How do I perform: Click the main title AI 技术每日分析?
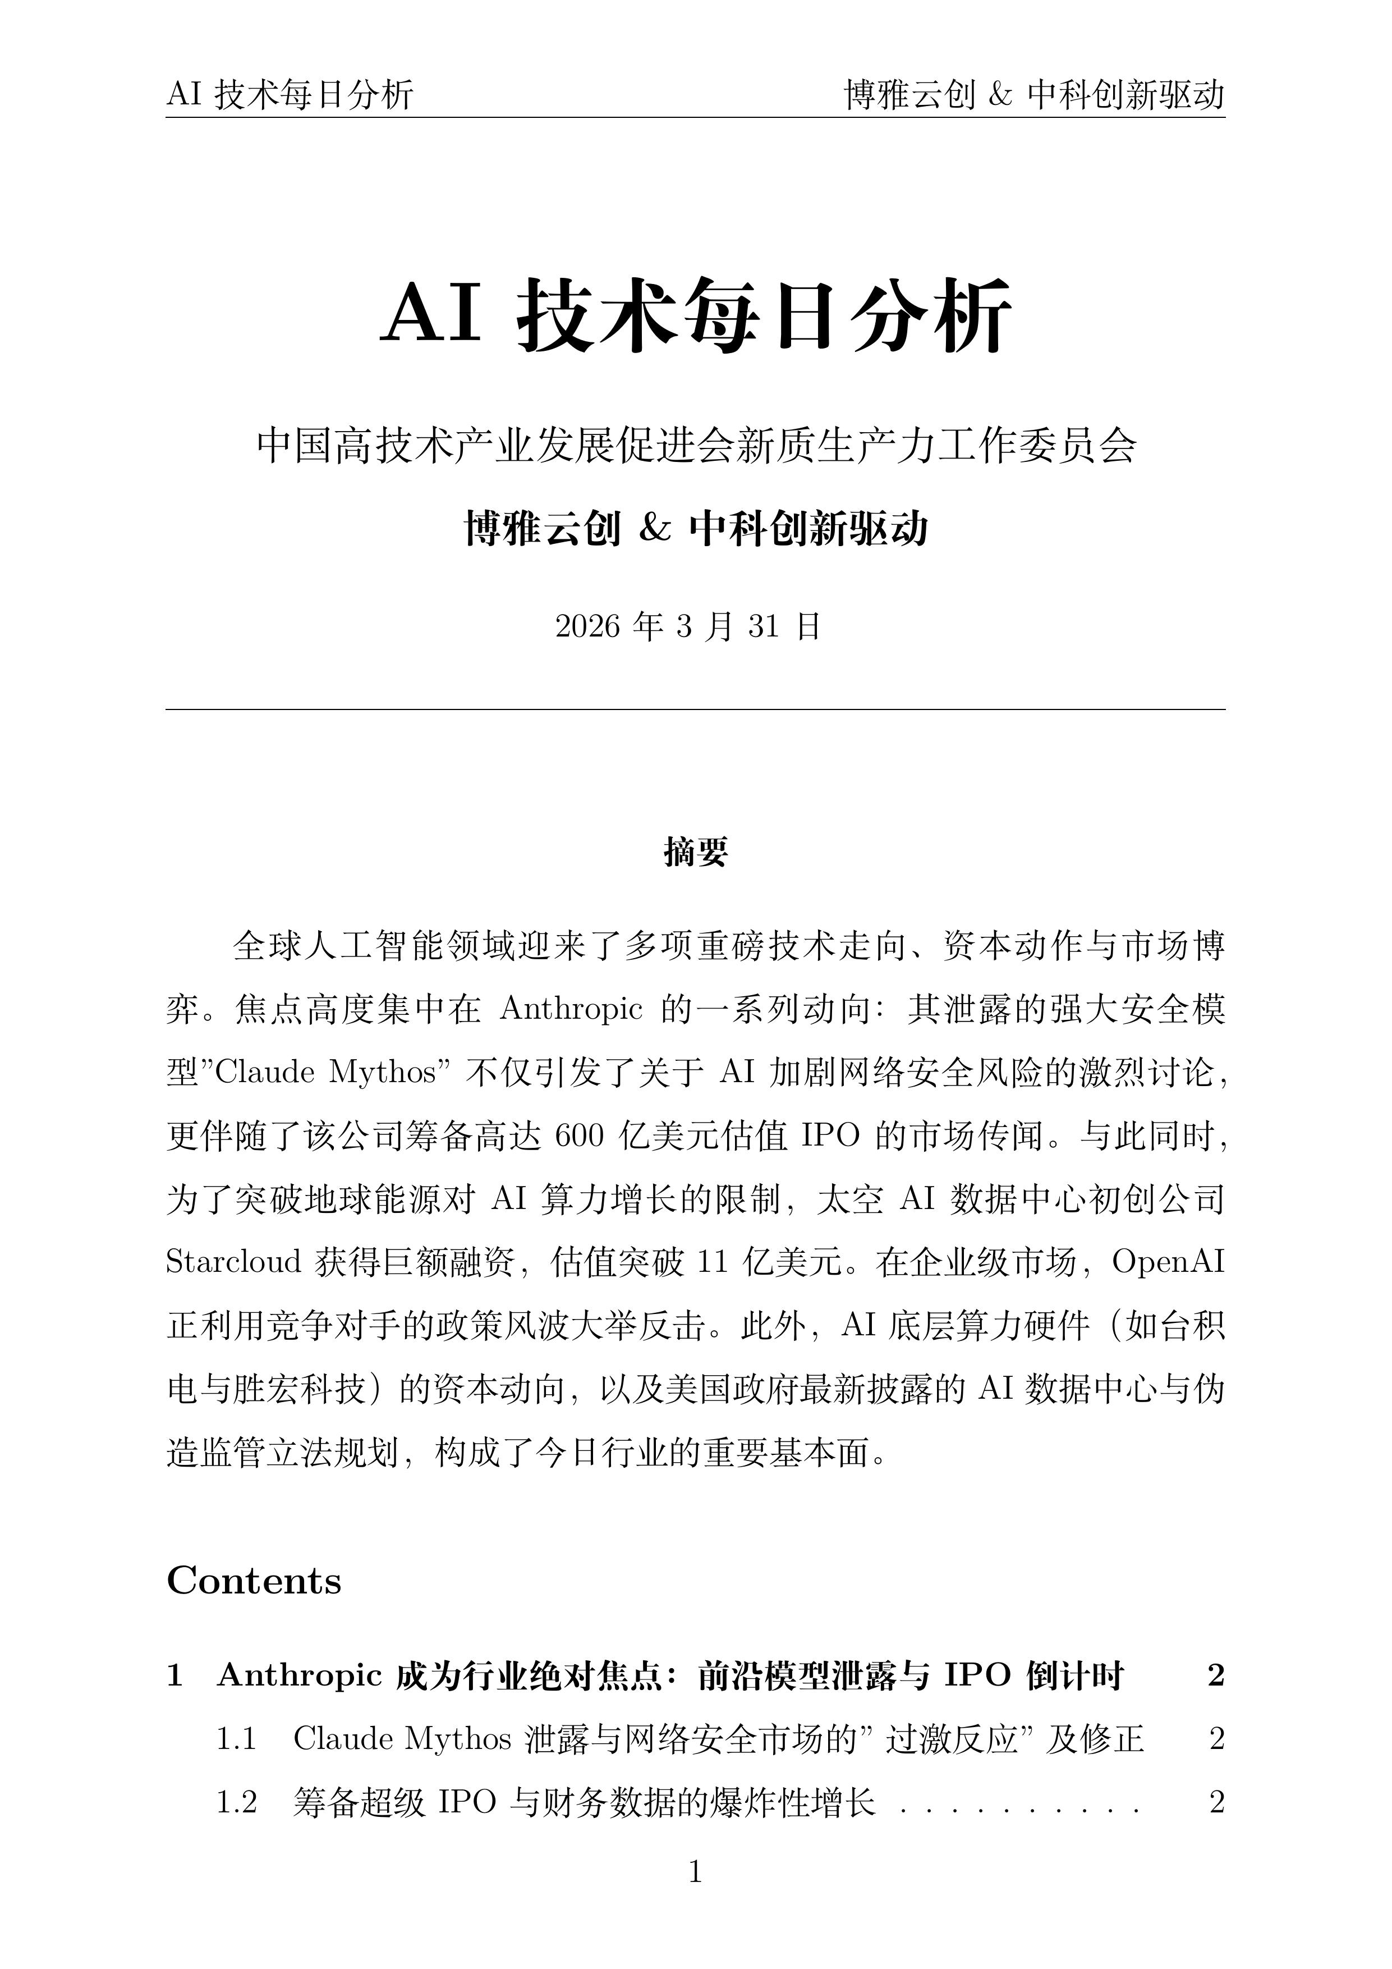[x=695, y=315]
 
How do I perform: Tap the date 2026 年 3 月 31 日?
[x=688, y=627]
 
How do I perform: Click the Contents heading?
[x=254, y=1581]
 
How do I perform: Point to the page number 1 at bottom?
[x=695, y=1872]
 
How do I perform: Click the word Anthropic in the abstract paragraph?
[x=571, y=1009]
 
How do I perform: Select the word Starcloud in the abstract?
[x=233, y=1262]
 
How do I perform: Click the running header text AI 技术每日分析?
[x=290, y=94]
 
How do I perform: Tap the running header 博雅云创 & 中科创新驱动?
[x=1035, y=94]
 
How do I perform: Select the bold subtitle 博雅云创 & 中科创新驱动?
[x=695, y=528]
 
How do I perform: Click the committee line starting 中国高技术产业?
[x=695, y=446]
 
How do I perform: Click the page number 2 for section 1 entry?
[x=1215, y=1675]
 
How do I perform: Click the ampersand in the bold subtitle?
[x=654, y=528]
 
